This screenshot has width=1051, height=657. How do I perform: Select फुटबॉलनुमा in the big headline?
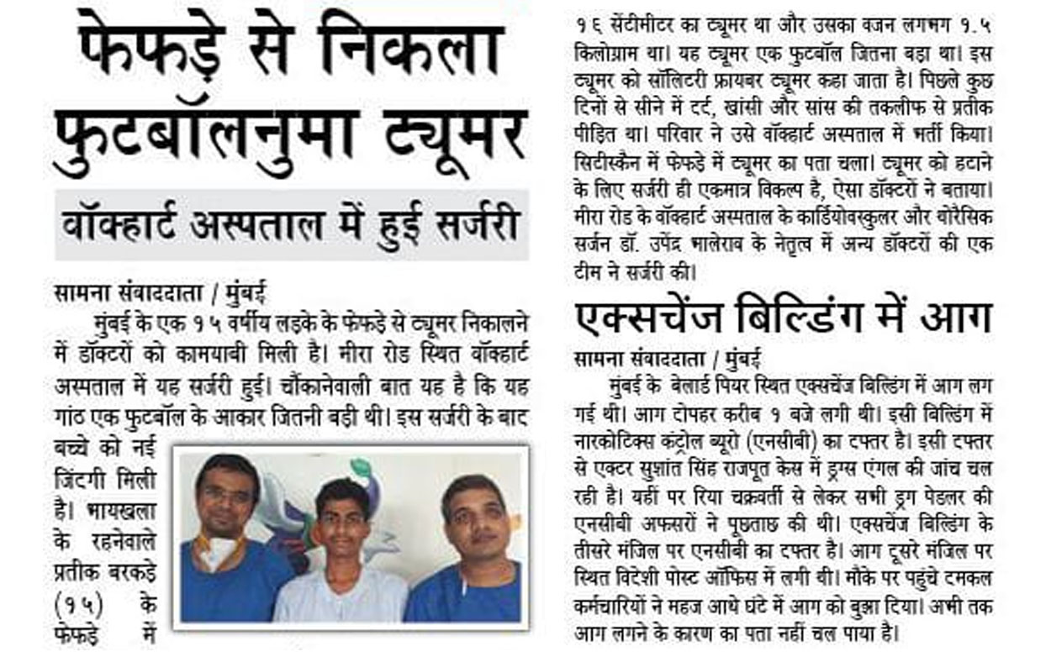point(214,139)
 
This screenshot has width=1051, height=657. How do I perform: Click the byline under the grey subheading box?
point(161,295)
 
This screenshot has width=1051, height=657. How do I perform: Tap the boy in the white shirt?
point(341,555)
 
